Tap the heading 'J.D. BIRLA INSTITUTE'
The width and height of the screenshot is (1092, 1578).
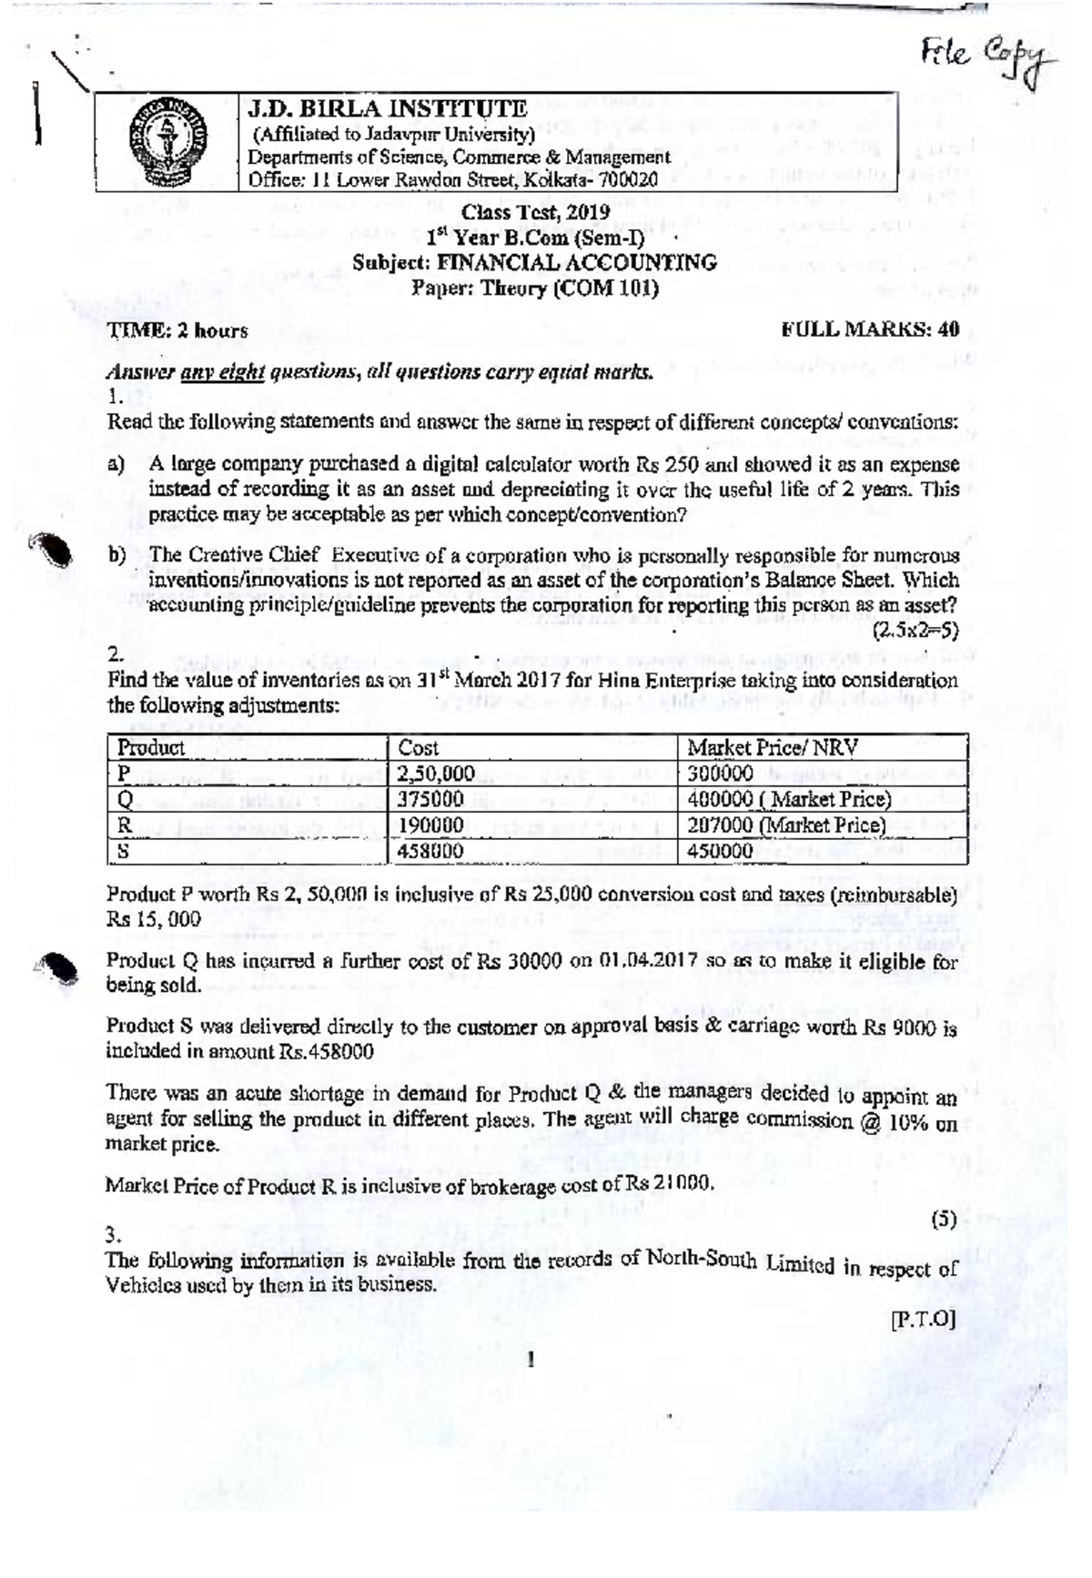[x=388, y=109]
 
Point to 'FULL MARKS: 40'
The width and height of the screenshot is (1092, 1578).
[x=870, y=329]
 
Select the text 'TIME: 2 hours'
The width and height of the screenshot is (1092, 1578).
[x=178, y=331]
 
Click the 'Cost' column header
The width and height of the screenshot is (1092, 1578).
[x=419, y=748]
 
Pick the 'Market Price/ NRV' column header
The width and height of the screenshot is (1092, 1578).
[x=772, y=748]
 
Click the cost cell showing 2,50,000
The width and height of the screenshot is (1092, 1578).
[x=437, y=774]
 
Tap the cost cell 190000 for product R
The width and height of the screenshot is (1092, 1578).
[x=431, y=825]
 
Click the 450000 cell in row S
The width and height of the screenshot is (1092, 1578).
[x=720, y=851]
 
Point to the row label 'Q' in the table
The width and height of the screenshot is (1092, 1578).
[x=126, y=800]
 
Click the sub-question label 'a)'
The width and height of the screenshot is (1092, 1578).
[x=116, y=465]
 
